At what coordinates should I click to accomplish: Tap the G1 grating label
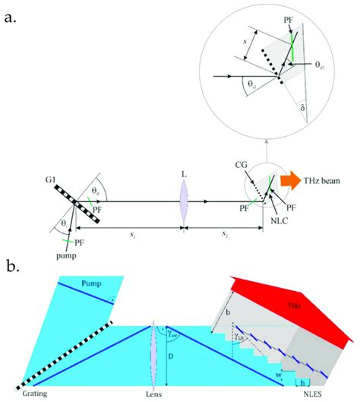tap(50, 180)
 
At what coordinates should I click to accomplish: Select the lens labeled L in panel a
tap(183, 202)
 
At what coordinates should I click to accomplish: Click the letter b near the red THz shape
tap(227, 312)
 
